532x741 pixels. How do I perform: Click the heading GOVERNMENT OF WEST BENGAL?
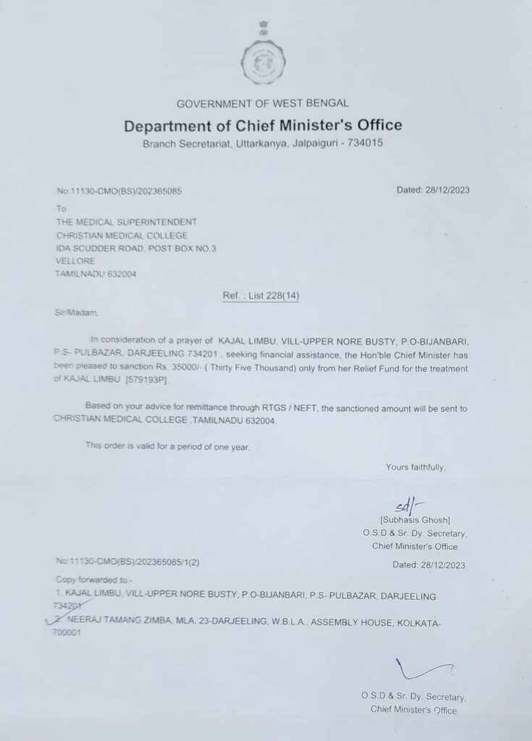point(263,103)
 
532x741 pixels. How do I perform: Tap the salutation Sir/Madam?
point(75,313)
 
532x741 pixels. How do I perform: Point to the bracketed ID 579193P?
point(148,380)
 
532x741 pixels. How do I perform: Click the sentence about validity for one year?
point(167,446)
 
